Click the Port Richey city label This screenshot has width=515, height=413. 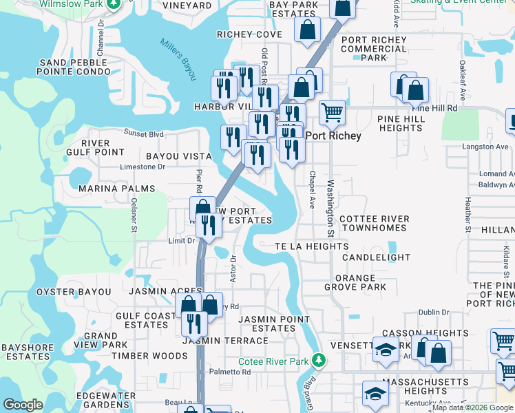pyautogui.click(x=333, y=136)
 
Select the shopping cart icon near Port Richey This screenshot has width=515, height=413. pyautogui.click(x=332, y=112)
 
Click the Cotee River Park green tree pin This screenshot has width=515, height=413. pyautogui.click(x=318, y=359)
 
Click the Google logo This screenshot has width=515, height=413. pyautogui.click(x=23, y=405)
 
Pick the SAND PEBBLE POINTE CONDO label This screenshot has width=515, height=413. pyautogui.click(x=74, y=67)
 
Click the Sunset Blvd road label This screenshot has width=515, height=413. pyautogui.click(x=143, y=133)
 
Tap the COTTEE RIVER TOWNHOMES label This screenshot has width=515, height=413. pyautogui.click(x=375, y=223)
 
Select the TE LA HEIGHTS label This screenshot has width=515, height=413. pyautogui.click(x=311, y=246)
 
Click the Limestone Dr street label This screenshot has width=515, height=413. pyautogui.click(x=143, y=167)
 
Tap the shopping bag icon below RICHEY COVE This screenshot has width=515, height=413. pyautogui.click(x=307, y=30)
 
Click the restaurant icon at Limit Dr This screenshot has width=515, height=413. pyautogui.click(x=207, y=224)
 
